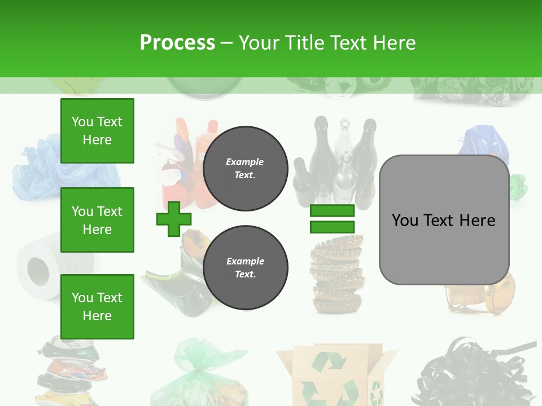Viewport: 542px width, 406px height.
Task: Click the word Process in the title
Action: coord(177,43)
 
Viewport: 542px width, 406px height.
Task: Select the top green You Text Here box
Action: coord(97,131)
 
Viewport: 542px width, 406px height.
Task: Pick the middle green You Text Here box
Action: coord(97,220)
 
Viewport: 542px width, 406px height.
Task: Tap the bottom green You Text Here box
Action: coord(97,306)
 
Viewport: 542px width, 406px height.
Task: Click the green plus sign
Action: coord(173,219)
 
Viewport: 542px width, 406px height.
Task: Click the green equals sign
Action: coord(332,219)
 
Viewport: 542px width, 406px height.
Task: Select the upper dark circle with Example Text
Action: coord(245,168)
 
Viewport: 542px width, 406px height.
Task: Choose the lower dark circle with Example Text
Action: coord(245,267)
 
